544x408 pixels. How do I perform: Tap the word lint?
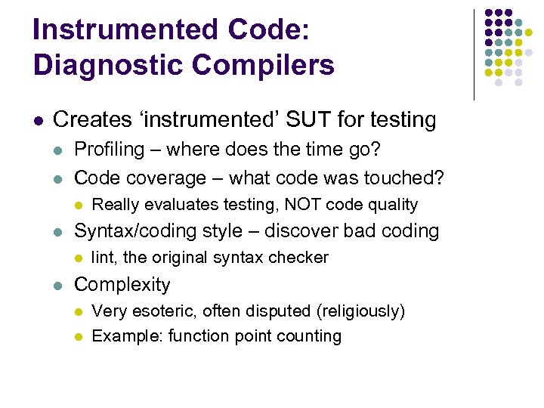click(103, 258)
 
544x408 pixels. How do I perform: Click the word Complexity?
click(122, 285)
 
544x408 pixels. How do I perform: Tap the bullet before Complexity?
click(60, 286)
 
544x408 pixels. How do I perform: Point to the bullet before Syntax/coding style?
click(60, 231)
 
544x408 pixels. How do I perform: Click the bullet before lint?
click(78, 258)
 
